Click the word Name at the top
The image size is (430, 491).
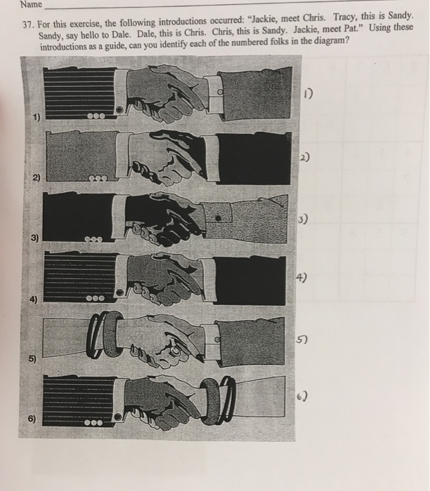tap(31, 4)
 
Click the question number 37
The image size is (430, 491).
tap(29, 25)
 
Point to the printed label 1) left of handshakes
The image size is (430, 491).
tap(37, 117)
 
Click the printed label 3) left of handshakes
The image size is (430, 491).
tap(34, 238)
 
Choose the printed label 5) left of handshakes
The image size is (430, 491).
tap(32, 358)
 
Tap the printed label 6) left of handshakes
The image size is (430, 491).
tap(32, 419)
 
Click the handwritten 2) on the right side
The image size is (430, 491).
tap(304, 157)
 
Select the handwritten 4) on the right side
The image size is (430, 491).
tap(301, 278)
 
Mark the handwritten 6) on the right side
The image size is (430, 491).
tap(302, 396)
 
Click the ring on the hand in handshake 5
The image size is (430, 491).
tap(175, 352)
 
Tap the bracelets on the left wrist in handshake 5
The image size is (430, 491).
tap(106, 335)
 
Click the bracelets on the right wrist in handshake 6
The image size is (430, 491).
tap(218, 401)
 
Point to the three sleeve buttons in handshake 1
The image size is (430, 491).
tap(96, 116)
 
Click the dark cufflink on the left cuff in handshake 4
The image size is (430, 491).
tap(120, 292)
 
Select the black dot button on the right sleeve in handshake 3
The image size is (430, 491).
tap(219, 217)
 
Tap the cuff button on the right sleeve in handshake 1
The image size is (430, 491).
tap(220, 92)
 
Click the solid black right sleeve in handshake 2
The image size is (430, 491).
tap(253, 158)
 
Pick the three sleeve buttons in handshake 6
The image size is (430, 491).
tap(93, 423)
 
